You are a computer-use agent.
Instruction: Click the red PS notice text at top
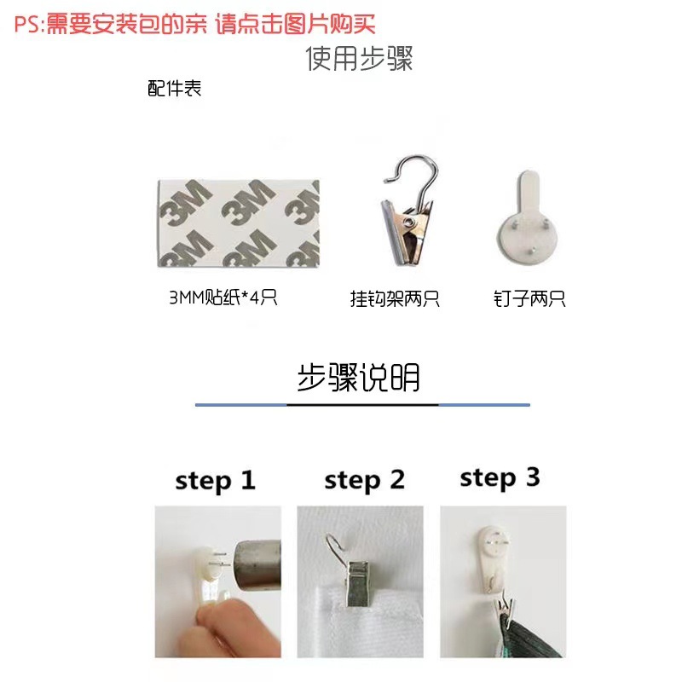194,24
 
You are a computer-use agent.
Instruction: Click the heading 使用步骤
359,59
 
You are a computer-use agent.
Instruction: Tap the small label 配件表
174,89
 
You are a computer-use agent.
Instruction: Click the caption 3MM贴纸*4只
224,299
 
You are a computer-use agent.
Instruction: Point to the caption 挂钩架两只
395,299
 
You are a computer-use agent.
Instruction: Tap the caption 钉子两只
529,299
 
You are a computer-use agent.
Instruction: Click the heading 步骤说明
358,377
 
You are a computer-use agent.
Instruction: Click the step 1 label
215,481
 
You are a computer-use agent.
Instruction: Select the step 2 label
364,481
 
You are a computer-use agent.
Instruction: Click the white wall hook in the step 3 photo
490,554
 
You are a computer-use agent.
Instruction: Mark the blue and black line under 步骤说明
362,404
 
